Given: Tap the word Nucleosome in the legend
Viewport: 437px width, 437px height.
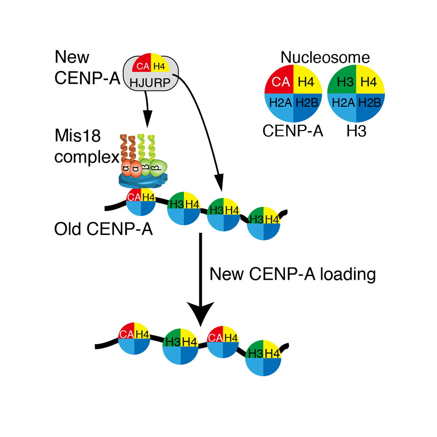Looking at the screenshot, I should pos(325,58).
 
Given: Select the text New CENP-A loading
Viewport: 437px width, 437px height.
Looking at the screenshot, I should pos(293,274).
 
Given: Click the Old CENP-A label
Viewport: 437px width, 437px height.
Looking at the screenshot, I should pos(103,228).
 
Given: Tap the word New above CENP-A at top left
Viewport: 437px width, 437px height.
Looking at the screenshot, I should pos(72,57).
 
